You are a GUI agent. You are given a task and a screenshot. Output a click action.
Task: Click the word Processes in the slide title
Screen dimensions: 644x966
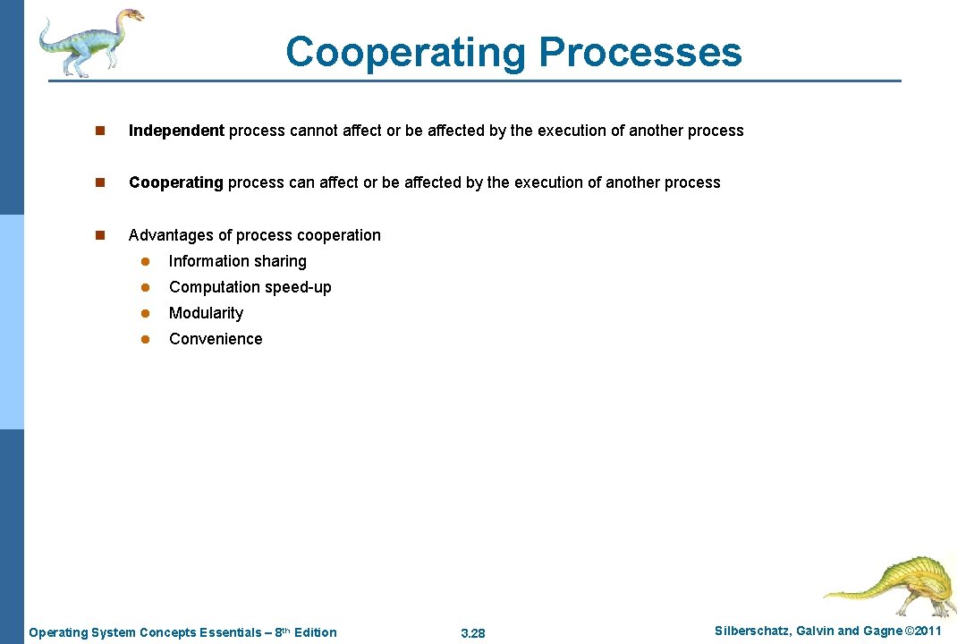pos(640,52)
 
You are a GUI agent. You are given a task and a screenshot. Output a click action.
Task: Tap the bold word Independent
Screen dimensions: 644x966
pos(176,131)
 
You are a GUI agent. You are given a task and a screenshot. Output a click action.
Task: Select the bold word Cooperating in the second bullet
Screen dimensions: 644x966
pos(175,182)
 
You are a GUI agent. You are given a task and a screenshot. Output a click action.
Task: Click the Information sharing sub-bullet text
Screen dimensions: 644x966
pos(237,261)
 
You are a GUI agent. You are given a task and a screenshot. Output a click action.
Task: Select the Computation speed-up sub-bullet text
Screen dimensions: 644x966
pos(250,287)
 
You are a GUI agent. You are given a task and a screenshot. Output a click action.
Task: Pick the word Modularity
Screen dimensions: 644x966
pos(206,313)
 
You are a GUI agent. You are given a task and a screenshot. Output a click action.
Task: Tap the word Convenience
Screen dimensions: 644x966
pos(216,339)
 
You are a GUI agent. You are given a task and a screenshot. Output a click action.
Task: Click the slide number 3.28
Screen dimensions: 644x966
pos(472,633)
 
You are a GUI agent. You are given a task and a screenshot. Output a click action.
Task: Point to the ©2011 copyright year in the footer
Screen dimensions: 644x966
pos(923,631)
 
